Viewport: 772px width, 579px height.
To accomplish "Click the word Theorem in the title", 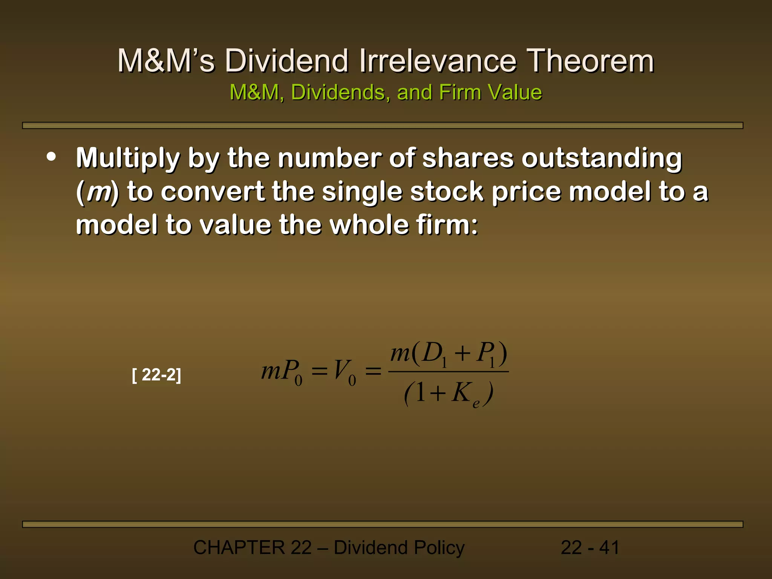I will tap(590, 61).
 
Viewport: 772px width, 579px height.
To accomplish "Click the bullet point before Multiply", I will tap(51, 157).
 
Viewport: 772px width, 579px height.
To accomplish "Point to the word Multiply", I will tap(128, 158).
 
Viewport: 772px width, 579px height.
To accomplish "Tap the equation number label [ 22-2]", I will tap(156, 375).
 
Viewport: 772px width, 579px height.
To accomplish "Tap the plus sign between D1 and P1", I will tap(462, 354).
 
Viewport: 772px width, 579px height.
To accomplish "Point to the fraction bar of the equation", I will tap(448, 372).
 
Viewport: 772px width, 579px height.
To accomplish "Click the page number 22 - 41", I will tap(590, 548).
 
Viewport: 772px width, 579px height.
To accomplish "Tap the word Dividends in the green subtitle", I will tap(340, 92).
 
